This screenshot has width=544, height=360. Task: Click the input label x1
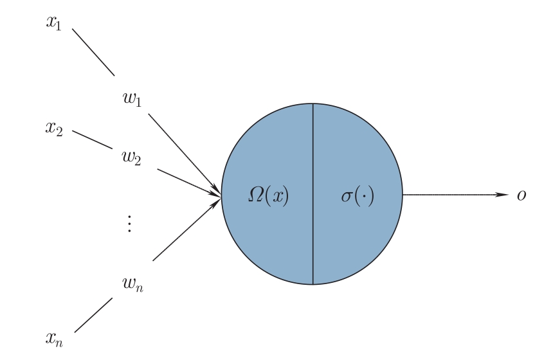54,23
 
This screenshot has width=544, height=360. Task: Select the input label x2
54,129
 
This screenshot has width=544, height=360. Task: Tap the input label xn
54,339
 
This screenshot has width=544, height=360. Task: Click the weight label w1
132,99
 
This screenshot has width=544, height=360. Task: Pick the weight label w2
131,157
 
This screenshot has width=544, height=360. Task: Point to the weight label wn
132,284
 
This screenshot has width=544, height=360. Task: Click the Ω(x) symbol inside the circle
269,196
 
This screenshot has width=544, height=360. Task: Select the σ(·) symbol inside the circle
358,196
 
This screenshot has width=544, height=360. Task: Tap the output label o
521,195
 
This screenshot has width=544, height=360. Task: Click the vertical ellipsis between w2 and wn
129,224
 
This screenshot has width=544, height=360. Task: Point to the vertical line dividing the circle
313,194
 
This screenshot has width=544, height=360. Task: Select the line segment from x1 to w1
93,52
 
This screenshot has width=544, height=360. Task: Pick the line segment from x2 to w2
93,139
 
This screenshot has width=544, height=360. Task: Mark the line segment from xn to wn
93,315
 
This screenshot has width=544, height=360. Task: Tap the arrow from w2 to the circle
189,183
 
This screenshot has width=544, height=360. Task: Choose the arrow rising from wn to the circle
187,229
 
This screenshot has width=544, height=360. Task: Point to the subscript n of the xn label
59,343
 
